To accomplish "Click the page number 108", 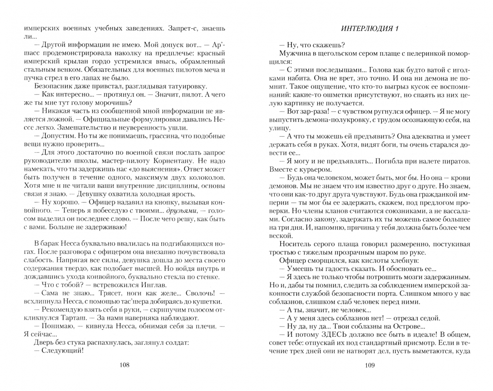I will point(124,365).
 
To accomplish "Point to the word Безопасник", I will point(52,86).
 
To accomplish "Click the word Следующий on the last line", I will point(62,350).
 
